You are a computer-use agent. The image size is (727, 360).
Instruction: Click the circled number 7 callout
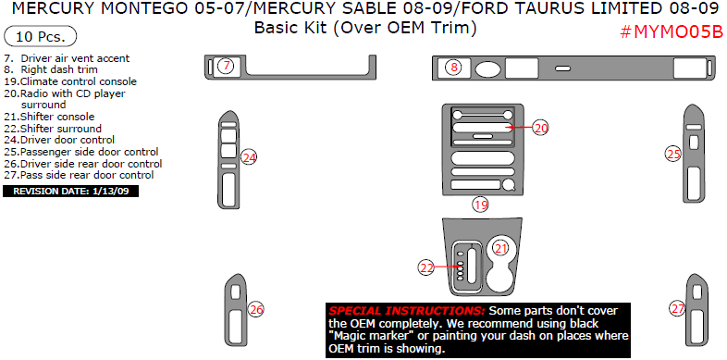(227, 66)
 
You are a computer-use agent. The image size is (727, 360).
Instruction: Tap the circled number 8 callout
(454, 68)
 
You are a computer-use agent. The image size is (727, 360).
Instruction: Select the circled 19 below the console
(481, 205)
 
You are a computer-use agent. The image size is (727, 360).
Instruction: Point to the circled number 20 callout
(540, 128)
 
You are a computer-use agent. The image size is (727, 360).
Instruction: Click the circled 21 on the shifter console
(500, 248)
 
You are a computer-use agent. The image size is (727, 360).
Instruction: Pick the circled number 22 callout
(426, 267)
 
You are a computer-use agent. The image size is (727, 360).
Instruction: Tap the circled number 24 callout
(250, 157)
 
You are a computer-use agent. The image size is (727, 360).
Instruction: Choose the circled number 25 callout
(673, 154)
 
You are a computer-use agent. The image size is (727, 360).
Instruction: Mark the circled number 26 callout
(256, 309)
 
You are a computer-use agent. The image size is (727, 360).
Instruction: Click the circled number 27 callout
(678, 308)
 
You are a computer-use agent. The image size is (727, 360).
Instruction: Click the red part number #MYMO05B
(672, 33)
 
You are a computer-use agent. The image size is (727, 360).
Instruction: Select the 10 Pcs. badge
(41, 36)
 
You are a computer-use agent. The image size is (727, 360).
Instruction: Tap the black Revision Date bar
(70, 192)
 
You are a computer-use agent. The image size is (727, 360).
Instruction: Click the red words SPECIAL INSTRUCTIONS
(407, 310)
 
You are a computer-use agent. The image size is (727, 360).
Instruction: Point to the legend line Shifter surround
(53, 129)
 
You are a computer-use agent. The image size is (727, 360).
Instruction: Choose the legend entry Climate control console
(70, 81)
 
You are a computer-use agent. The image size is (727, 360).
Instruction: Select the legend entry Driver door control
(59, 140)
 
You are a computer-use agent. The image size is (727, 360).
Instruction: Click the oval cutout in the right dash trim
(487, 68)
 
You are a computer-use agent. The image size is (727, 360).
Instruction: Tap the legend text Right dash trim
(51, 69)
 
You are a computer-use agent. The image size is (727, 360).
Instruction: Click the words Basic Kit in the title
(291, 28)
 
